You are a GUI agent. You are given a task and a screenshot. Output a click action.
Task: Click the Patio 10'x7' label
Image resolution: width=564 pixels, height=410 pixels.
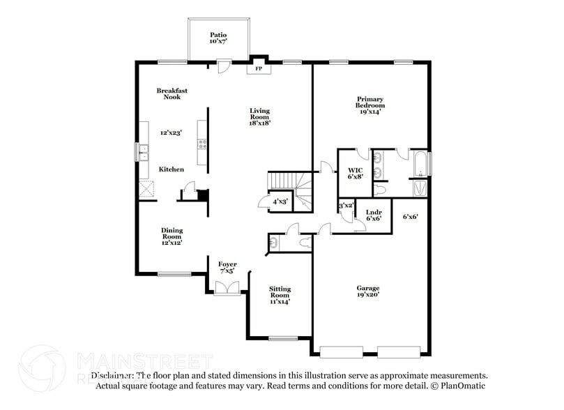(218, 38)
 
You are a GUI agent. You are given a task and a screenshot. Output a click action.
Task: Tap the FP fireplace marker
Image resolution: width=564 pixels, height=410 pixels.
(259, 69)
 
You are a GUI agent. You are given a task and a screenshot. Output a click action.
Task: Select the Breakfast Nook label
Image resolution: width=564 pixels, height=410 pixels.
(172, 93)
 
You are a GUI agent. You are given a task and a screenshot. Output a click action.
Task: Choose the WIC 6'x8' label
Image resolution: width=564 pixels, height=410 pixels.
(356, 173)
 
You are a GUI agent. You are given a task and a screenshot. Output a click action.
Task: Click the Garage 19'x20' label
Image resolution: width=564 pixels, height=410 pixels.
(369, 291)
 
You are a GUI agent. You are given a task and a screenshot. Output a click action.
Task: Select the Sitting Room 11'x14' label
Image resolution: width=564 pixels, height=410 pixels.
(280, 295)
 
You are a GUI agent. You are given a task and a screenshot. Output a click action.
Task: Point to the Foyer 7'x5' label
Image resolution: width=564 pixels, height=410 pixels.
(227, 268)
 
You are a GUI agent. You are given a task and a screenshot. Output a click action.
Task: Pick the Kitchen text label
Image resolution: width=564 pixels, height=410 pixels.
(171, 169)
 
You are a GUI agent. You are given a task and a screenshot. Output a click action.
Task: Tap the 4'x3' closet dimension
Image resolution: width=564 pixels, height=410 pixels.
(280, 202)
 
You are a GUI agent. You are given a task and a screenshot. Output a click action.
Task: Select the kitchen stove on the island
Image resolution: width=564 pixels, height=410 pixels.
(203, 144)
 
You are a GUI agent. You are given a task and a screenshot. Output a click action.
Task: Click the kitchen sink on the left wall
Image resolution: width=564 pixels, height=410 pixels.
(143, 151)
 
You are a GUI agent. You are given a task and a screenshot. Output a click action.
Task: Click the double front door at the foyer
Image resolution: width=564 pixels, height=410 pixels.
(227, 287)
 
